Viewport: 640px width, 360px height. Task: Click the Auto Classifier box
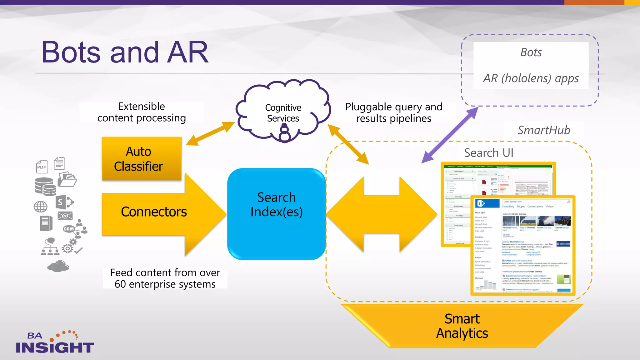(141, 158)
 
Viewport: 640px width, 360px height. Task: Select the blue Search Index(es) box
(276, 214)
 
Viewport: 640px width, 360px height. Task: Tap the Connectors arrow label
(154, 212)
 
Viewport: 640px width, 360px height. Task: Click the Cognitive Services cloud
(283, 112)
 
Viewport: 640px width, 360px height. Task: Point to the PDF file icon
(42, 167)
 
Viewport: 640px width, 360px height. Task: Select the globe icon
(41, 207)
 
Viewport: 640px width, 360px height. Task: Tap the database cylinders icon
(45, 186)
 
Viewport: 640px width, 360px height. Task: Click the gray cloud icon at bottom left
(58, 266)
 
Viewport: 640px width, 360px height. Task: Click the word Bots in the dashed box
(531, 52)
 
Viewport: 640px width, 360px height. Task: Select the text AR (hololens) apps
(531, 78)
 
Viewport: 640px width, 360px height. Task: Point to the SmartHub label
(544, 130)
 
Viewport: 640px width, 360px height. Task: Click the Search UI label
(488, 153)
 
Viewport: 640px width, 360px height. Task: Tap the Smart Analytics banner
(462, 326)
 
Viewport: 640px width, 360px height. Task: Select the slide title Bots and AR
(125, 52)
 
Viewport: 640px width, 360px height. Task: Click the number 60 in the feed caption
(120, 284)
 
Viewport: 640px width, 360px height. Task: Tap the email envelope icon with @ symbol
(65, 216)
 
